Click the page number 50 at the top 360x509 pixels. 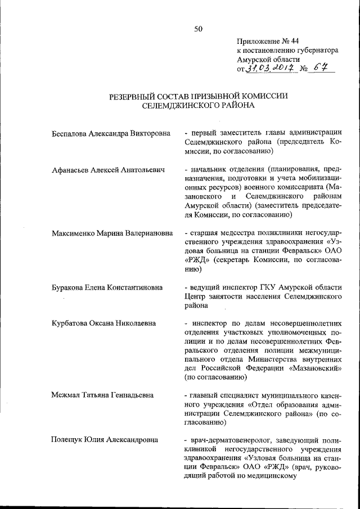pyautogui.click(x=198, y=29)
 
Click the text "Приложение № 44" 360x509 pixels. pyautogui.click(x=265, y=41)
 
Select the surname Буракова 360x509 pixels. pyautogui.click(x=69, y=287)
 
